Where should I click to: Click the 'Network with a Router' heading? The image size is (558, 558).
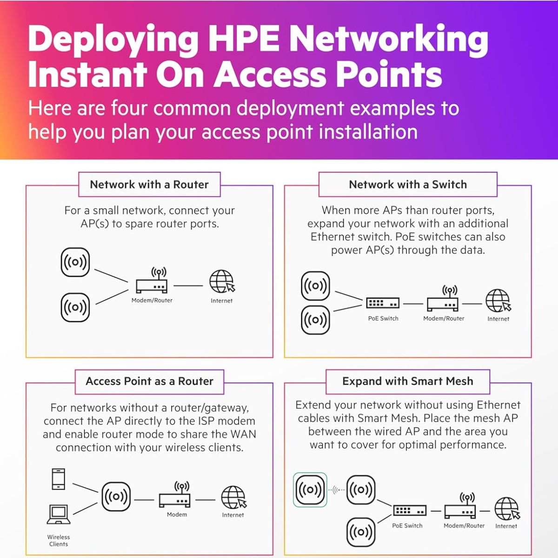(149, 185)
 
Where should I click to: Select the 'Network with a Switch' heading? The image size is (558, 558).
(408, 185)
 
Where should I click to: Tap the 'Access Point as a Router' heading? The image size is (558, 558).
(149, 381)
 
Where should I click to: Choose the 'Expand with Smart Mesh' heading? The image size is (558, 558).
(408, 381)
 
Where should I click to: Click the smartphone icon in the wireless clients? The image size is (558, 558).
(59, 479)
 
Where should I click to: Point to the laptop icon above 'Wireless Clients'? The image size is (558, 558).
(59, 514)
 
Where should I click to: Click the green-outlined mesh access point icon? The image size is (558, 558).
(310, 490)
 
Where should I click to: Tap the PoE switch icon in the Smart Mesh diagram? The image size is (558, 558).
(410, 510)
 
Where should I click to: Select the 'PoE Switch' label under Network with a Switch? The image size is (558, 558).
(383, 319)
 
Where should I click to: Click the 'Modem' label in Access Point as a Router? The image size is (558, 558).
(177, 515)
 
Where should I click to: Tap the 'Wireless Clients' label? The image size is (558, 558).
(59, 540)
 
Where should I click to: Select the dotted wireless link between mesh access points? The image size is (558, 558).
(337, 490)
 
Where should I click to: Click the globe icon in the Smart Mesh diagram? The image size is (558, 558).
(506, 509)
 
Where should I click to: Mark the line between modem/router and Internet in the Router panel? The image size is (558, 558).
(188, 286)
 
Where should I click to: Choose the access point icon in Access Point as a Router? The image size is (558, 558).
(116, 497)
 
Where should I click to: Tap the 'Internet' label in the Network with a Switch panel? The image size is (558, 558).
(498, 319)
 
